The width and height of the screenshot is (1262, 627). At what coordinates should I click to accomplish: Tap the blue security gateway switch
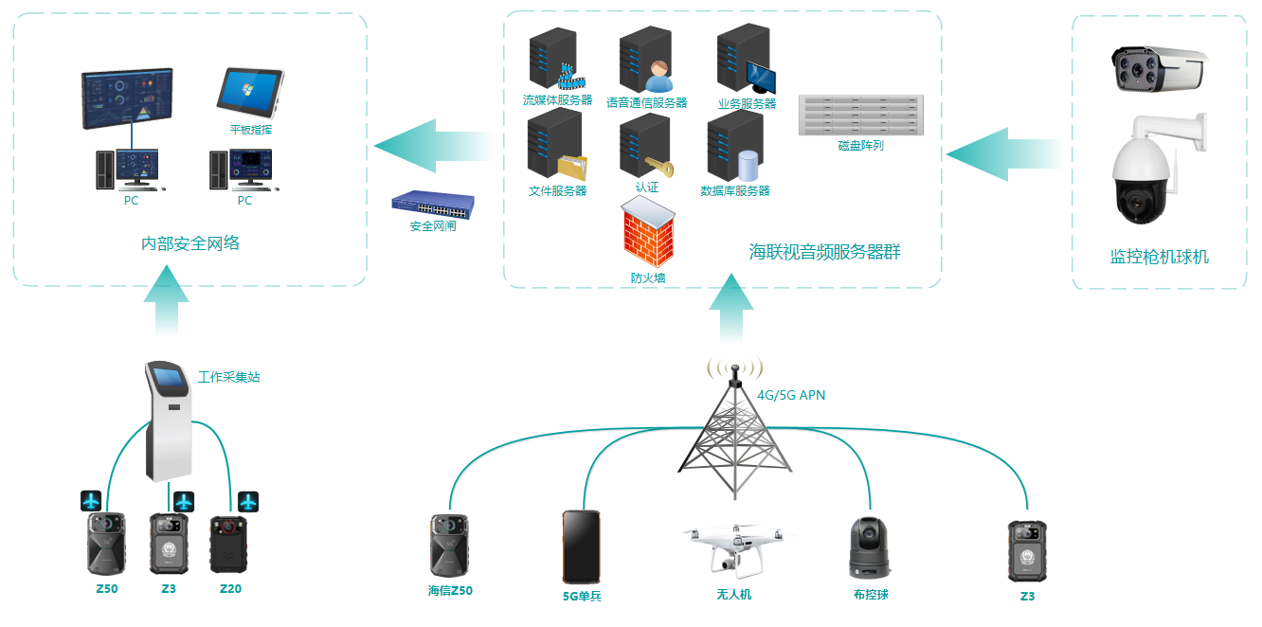[x=433, y=204]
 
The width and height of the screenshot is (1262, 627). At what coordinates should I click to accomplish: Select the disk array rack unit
[x=860, y=116]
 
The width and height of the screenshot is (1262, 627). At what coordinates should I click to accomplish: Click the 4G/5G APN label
[x=791, y=395]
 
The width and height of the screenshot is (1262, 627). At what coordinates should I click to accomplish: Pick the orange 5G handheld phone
[x=581, y=547]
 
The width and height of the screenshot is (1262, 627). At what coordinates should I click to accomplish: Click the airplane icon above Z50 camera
[x=92, y=500]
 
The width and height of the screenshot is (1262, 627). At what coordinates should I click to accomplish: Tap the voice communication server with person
[x=645, y=59]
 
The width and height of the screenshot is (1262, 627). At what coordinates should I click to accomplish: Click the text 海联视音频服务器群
[x=824, y=252]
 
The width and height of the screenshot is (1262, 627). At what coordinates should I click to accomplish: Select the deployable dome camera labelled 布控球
[x=869, y=547]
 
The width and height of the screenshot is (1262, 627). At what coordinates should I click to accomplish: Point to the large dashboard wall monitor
[x=126, y=99]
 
